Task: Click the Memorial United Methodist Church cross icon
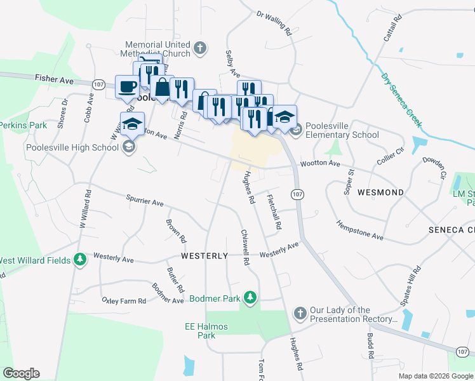coord(199,48)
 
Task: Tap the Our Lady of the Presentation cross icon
coord(300,314)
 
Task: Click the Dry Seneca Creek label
coord(401,99)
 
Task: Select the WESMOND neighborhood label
coord(380,192)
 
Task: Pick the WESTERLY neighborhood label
coord(204,256)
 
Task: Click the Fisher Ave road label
coord(55,80)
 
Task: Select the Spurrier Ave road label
coord(145,201)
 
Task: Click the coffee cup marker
coord(127,87)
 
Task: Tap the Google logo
coord(21,373)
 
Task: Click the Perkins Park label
coord(23,125)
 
